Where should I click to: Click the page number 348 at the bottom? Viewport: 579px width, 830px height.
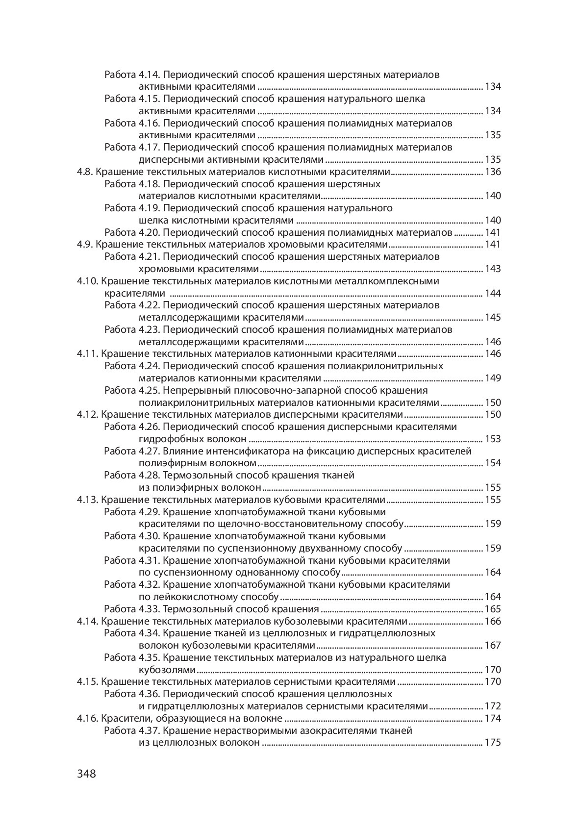coord(86,774)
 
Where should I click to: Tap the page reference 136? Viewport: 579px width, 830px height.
coord(492,172)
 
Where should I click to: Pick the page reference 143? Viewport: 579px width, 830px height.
coord(492,269)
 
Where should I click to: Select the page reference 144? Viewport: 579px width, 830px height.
coord(492,293)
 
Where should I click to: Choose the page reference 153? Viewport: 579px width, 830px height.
coord(492,439)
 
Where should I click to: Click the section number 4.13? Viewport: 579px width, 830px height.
coord(88,500)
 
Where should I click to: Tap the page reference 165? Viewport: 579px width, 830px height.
coord(492,609)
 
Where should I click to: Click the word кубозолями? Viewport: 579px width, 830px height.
coord(168,670)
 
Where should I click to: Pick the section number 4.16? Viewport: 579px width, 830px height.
coord(88,718)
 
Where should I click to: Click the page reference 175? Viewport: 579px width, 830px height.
coord(492,742)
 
